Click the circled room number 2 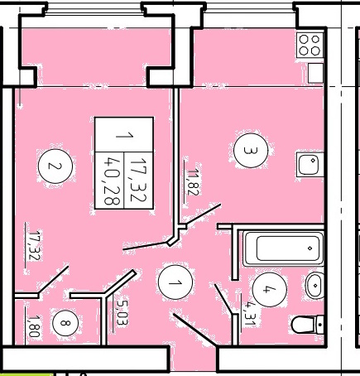click(55, 166)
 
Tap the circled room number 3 click(251, 151)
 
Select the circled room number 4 click(270, 289)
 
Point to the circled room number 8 click(65, 323)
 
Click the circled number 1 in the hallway click(175, 282)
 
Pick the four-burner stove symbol click(310, 45)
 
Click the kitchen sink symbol click(310, 164)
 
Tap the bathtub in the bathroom click(283, 248)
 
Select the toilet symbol click(308, 325)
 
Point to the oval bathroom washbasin click(314, 285)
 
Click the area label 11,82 click(193, 182)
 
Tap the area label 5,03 click(122, 312)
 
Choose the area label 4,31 click(250, 313)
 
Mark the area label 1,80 click(35, 326)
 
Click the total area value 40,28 click(112, 180)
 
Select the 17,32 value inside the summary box click(139, 180)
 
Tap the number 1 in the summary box click(124, 136)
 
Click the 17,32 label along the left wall click(35, 245)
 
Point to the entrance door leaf click(194, 330)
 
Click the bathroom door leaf click(223, 299)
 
